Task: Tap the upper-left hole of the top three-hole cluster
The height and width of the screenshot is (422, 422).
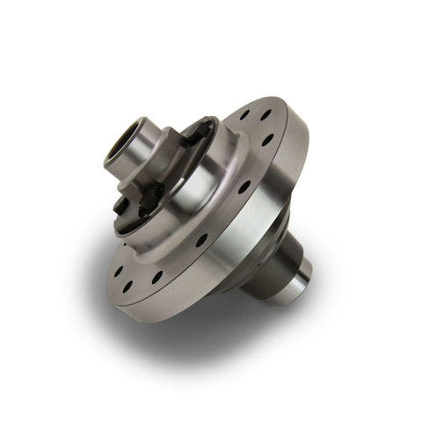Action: coord(243,115)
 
